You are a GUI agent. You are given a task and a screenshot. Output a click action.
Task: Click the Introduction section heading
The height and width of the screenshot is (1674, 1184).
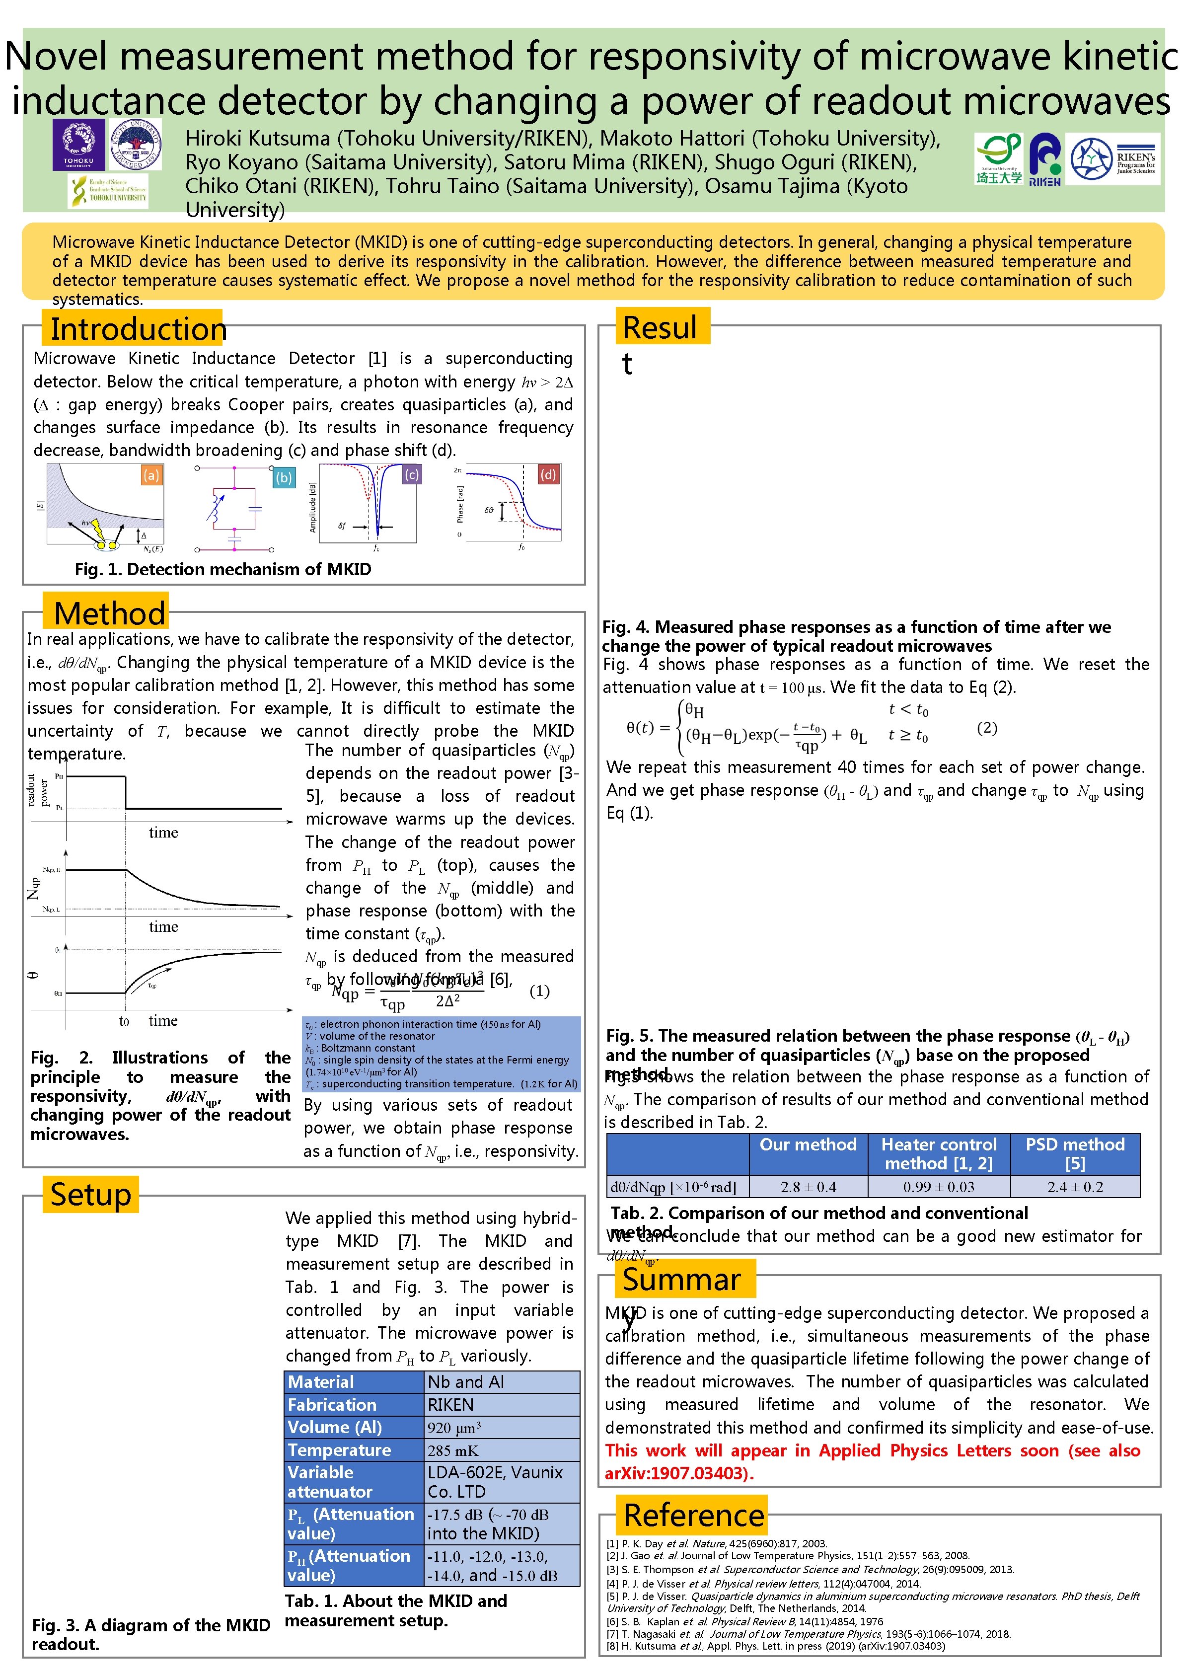pos(138,329)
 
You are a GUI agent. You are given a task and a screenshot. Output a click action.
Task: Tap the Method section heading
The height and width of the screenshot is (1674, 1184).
pos(109,613)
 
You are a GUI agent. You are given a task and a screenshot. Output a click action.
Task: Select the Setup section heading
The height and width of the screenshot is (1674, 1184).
pos(90,1194)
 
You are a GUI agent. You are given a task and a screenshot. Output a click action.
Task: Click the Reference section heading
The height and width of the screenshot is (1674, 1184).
pos(693,1515)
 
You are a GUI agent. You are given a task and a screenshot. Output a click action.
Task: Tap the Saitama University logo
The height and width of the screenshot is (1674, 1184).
pos(998,158)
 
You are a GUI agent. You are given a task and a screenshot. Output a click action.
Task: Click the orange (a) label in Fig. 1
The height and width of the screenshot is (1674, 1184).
pos(151,475)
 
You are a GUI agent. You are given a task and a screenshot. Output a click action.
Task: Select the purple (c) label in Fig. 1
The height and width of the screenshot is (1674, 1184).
pos(412,475)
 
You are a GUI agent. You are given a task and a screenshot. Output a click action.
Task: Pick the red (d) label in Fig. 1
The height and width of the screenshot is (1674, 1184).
pos(547,475)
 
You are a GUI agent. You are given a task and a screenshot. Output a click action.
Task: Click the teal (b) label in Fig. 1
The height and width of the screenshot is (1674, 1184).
pos(284,477)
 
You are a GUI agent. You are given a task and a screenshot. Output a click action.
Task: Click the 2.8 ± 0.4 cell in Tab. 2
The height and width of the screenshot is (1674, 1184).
pos(808,1187)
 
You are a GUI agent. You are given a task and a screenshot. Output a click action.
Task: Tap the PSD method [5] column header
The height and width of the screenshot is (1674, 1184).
pos(1075,1153)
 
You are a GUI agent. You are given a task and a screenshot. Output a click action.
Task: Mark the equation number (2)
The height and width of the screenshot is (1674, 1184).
pos(986,728)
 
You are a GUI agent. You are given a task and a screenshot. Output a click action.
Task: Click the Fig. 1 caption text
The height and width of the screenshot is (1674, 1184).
pos(223,569)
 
